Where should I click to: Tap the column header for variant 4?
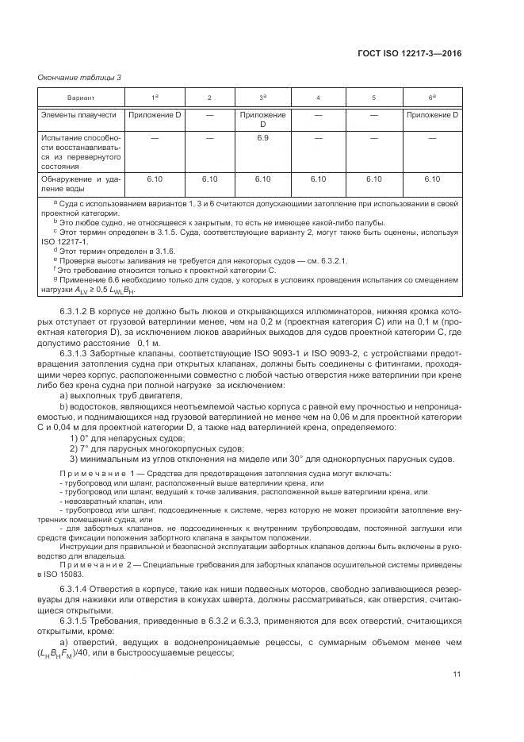click(x=318, y=98)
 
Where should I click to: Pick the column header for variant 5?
click(x=373, y=98)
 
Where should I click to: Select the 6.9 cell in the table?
click(x=263, y=138)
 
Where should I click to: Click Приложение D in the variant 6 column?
click(x=432, y=116)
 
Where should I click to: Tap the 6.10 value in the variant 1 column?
click(x=155, y=179)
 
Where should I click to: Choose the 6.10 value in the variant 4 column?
click(x=318, y=179)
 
